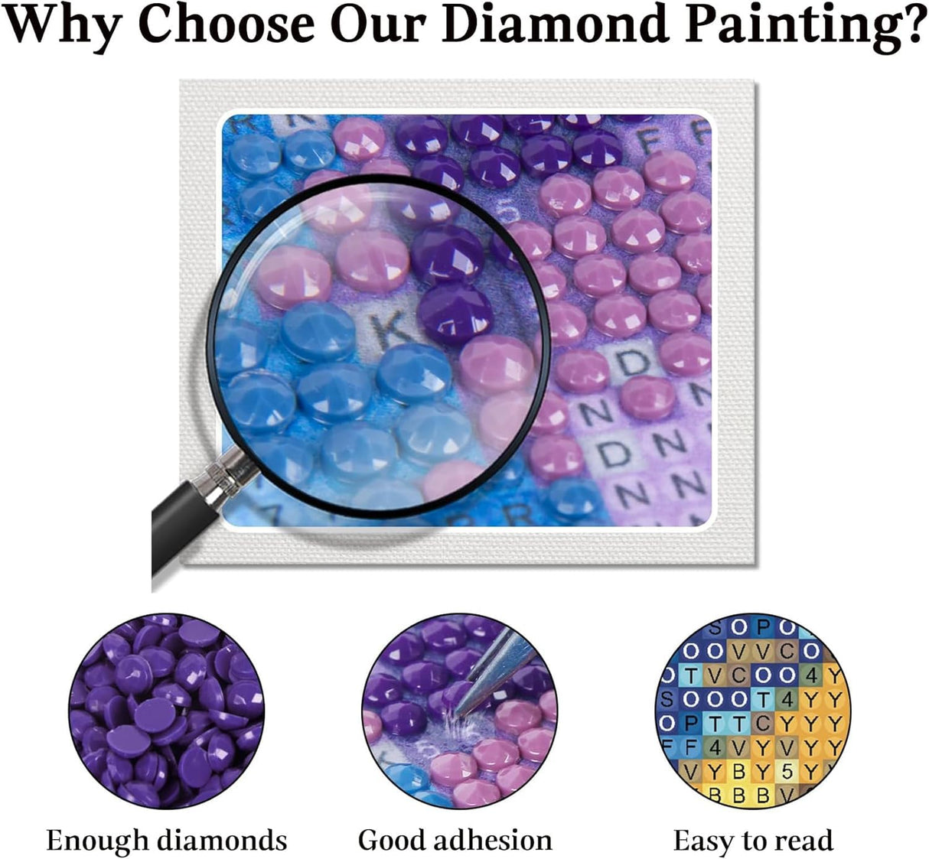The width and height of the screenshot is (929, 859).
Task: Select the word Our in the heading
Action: click(x=380, y=24)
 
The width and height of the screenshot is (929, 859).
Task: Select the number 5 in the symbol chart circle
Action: click(x=788, y=771)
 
